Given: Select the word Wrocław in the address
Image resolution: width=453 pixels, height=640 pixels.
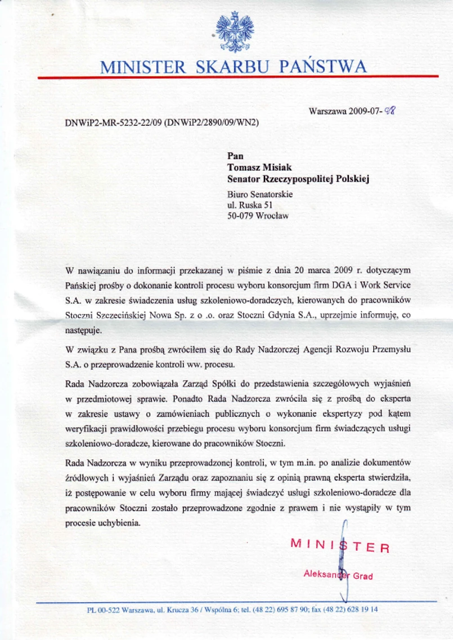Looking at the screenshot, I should pos(272,216).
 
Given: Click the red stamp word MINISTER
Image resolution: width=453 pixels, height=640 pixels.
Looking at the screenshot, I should pos(339,545).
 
